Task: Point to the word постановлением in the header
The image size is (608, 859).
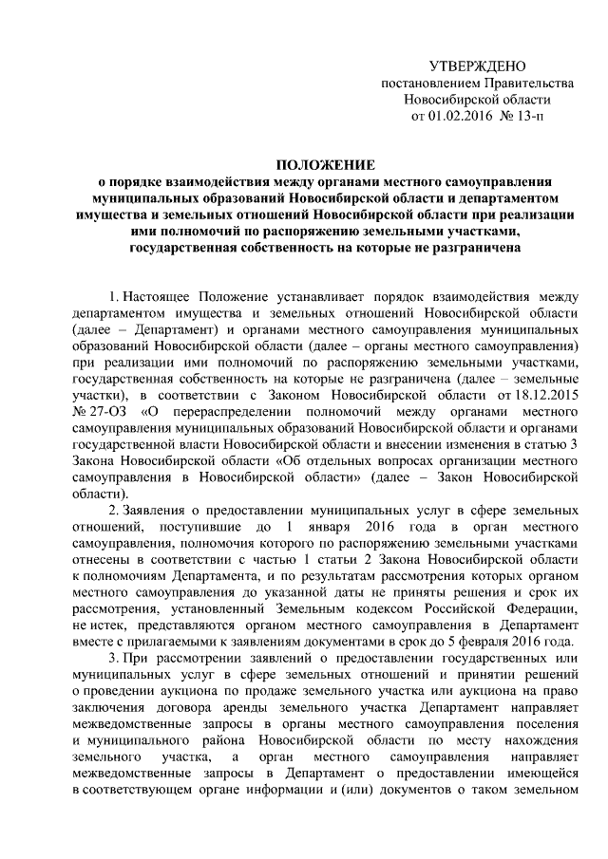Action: coord(423,83)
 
